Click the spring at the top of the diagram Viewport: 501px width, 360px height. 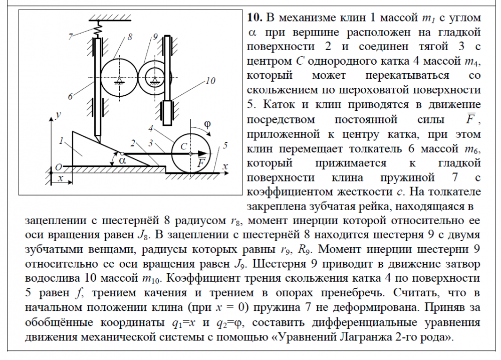click(x=98, y=30)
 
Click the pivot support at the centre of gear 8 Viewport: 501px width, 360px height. click(x=119, y=80)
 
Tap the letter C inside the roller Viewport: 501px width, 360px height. click(x=183, y=145)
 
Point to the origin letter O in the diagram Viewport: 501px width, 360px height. click(x=58, y=166)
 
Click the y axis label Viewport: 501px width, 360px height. click(x=59, y=115)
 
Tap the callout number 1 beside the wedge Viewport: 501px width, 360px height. click(x=61, y=141)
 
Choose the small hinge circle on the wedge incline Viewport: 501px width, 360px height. click(x=122, y=153)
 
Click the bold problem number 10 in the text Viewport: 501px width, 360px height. click(x=255, y=18)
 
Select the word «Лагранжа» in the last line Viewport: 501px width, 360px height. click(x=369, y=337)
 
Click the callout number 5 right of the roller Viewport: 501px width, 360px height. click(x=225, y=145)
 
